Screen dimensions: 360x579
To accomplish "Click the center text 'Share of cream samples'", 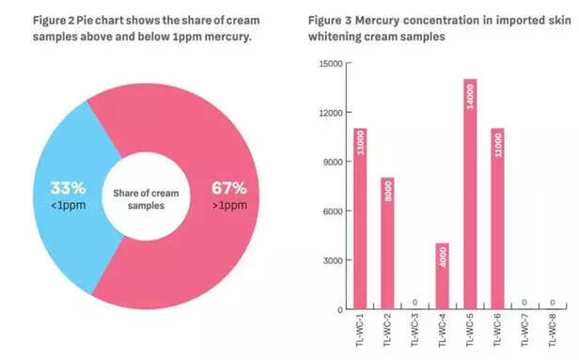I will click(146, 198).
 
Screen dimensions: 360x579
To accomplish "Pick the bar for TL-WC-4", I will click(443, 276).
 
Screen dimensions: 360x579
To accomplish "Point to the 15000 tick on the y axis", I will click(328, 64).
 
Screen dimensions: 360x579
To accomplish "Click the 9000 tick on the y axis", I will click(331, 162).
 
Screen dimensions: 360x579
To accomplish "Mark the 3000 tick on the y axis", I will click(331, 260).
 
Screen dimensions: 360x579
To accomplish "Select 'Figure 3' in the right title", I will click(332, 20).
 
